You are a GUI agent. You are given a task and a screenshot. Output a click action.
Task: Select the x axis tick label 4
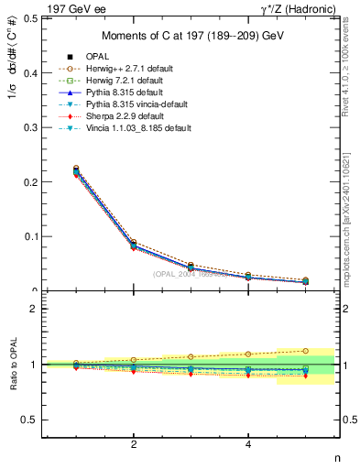(248, 445)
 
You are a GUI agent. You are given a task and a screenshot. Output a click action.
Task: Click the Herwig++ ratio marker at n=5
(305, 351)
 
